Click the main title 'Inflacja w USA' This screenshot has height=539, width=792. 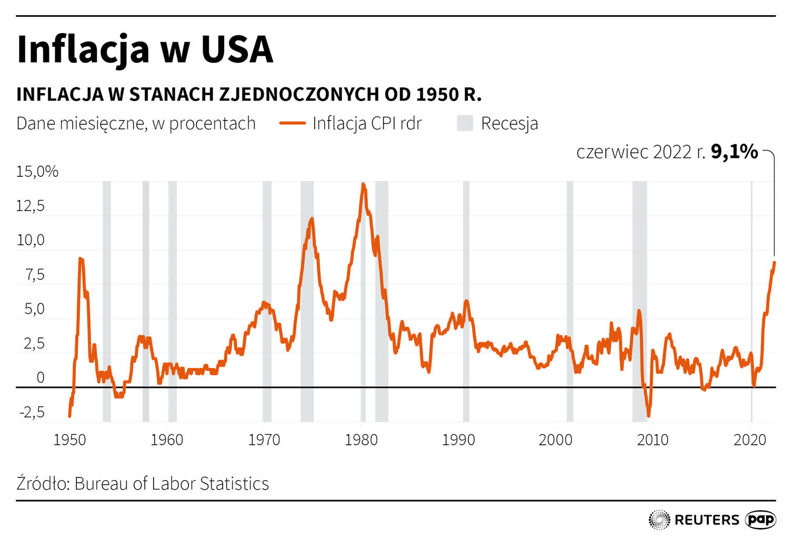[x=145, y=49]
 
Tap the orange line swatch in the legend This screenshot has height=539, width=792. [x=292, y=123]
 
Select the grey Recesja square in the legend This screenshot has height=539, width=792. [x=465, y=123]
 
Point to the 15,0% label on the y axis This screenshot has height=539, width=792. [x=37, y=172]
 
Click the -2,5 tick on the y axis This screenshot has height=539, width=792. [x=33, y=412]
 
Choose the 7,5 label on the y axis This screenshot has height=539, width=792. [x=35, y=275]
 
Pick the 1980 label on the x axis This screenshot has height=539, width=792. [x=361, y=440]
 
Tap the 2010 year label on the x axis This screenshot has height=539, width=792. [x=653, y=440]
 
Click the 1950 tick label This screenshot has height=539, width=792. [x=69, y=440]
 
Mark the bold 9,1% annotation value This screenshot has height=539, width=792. [x=734, y=152]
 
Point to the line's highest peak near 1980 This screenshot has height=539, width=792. [x=363, y=185]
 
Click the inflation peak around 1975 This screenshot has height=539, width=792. [x=312, y=219]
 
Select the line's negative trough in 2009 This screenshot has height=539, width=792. [x=648, y=415]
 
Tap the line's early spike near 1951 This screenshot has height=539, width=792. [x=80, y=259]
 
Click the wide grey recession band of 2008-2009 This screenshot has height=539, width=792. [x=639, y=295]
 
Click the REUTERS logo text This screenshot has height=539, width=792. [x=706, y=520]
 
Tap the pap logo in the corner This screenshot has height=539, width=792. [x=761, y=520]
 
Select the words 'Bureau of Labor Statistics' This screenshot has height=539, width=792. [x=172, y=483]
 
